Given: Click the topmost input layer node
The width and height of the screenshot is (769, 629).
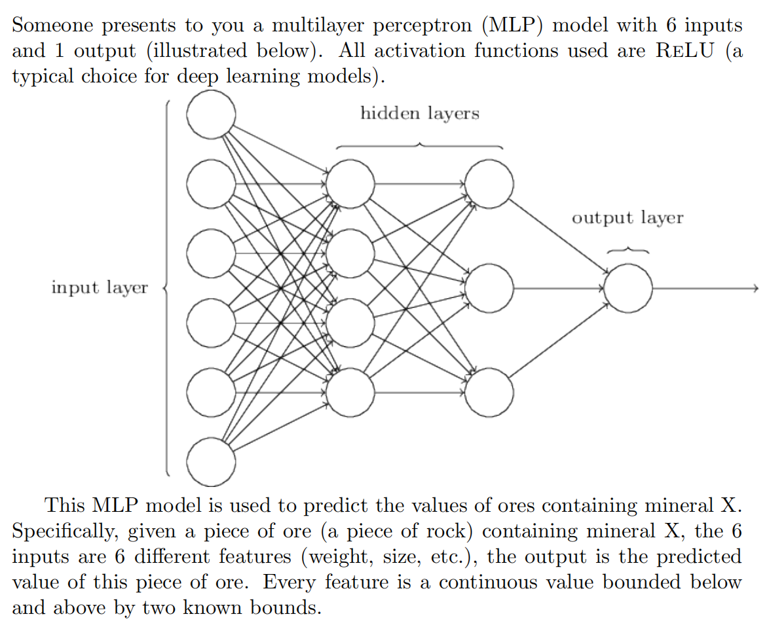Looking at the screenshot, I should (211, 115).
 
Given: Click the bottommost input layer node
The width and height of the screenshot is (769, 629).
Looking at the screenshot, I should (211, 463).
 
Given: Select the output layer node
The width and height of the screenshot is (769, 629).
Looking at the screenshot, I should (628, 288).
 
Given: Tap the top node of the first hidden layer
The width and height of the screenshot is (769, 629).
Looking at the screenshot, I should (350, 184).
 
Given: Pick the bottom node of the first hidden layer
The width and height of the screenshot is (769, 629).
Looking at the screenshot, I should (350, 393).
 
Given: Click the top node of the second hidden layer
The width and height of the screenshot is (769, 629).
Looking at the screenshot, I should (489, 184).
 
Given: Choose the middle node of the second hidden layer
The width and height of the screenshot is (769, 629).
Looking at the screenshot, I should (489, 288).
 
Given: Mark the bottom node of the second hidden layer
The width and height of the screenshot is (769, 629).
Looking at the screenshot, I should (489, 393).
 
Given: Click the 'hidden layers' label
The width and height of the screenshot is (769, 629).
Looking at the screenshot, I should (420, 114).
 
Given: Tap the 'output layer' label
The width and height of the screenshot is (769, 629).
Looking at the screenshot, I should (628, 218).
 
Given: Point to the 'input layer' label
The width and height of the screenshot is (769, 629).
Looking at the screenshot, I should (100, 287).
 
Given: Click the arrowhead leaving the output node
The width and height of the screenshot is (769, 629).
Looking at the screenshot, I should (755, 288).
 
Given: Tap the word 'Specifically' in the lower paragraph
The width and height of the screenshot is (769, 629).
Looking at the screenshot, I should (66, 531).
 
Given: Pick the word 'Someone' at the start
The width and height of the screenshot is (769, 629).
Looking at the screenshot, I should (55, 26).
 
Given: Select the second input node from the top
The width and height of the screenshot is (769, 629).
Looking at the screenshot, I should (211, 184).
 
